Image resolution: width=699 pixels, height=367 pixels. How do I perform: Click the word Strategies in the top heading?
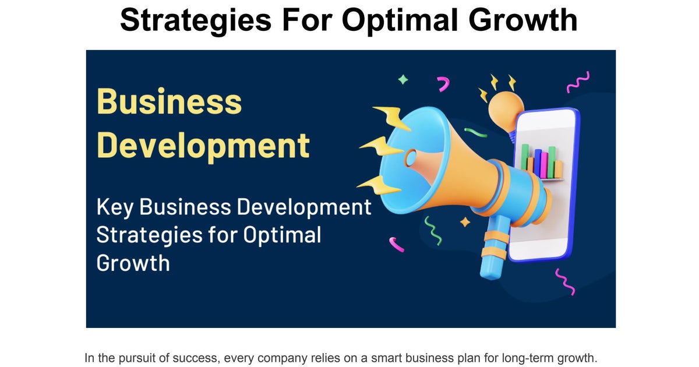point(196,20)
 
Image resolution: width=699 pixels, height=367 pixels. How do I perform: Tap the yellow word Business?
point(169,101)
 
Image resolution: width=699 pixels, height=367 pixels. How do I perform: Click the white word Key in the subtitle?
point(115,207)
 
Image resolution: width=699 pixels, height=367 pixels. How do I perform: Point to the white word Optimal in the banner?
point(282,235)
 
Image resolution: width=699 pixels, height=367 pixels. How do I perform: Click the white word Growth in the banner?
point(133,263)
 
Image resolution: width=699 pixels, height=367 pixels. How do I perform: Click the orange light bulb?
point(505,111)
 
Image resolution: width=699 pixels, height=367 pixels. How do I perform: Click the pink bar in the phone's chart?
point(544,165)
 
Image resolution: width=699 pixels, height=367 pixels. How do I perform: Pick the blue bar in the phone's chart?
point(538,163)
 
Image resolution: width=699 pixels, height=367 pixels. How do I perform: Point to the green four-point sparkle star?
point(403,80)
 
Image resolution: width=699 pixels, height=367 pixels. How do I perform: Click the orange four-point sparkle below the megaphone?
point(465,222)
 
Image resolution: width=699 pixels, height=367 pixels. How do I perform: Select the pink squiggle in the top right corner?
point(578,82)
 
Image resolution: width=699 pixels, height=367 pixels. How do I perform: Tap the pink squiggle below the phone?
point(565,282)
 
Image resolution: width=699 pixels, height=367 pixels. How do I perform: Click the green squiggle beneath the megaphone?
point(433,231)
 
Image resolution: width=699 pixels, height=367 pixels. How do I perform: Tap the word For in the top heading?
point(306,20)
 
